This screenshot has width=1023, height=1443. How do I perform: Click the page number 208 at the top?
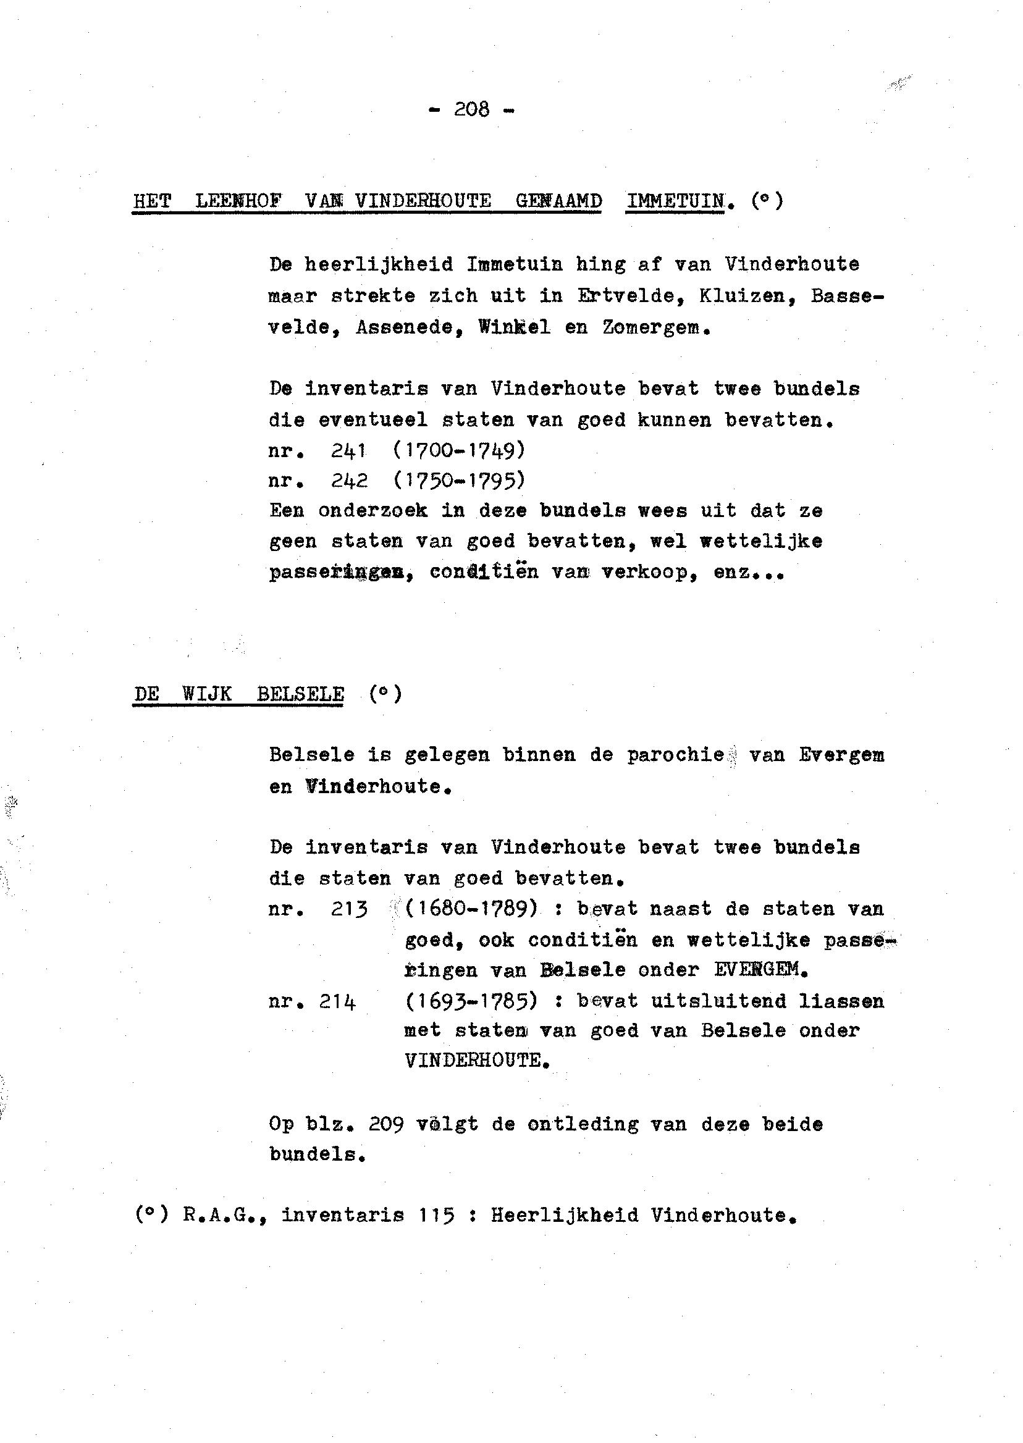pyautogui.click(x=471, y=109)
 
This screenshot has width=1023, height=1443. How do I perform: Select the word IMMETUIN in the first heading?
pyautogui.click(x=675, y=201)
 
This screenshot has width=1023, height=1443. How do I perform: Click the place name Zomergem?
pyautogui.click(x=656, y=327)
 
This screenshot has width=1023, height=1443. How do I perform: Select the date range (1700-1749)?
pyautogui.click(x=458, y=450)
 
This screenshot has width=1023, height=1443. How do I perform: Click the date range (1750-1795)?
pyautogui.click(x=458, y=481)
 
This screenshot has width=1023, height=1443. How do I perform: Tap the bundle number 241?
pyautogui.click(x=349, y=450)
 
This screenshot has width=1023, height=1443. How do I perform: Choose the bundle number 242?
pyautogui.click(x=349, y=481)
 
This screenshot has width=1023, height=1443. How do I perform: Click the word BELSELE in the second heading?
pyautogui.click(x=300, y=694)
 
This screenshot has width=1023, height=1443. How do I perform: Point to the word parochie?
pyautogui.click(x=675, y=755)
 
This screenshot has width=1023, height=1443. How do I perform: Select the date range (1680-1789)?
pyautogui.click(x=471, y=908)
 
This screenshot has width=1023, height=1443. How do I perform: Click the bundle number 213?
pyautogui.click(x=349, y=909)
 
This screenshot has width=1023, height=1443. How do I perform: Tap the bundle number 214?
pyautogui.click(x=337, y=1001)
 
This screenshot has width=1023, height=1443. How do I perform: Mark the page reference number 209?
pyautogui.click(x=385, y=1124)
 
